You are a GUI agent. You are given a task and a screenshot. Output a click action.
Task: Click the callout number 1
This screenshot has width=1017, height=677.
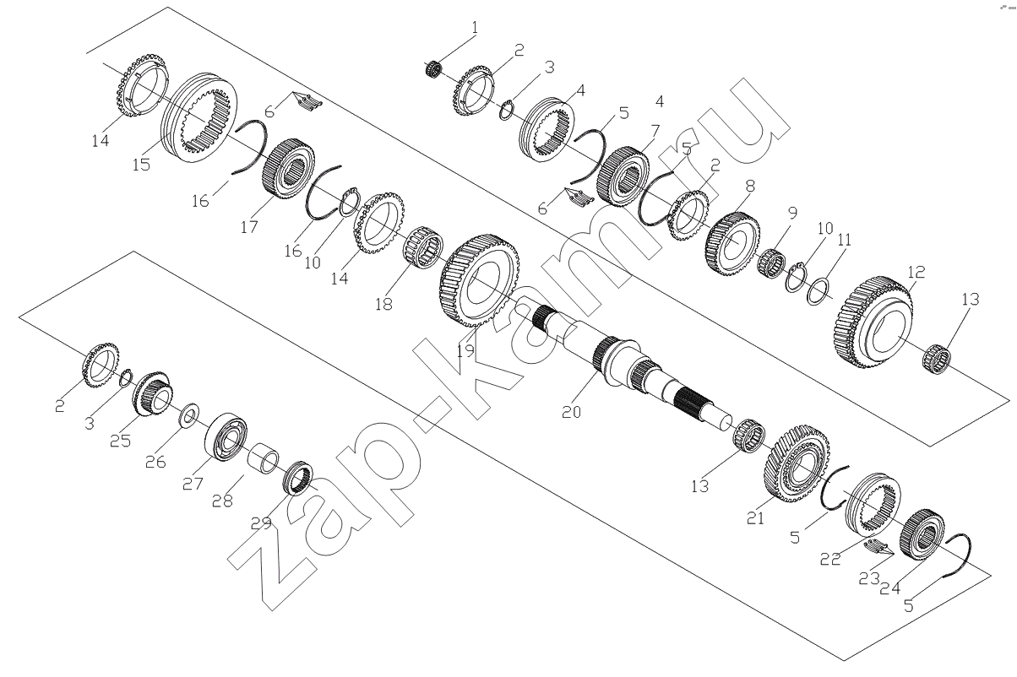tap(475, 28)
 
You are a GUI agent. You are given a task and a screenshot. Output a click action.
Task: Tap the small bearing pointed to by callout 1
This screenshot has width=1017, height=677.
tap(433, 69)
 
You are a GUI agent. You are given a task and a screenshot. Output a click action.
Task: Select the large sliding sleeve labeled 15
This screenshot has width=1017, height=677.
tap(199, 119)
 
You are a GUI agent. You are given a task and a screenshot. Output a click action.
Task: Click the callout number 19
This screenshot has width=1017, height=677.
tap(465, 349)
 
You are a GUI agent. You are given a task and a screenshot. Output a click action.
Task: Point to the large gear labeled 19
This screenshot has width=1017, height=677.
tap(480, 280)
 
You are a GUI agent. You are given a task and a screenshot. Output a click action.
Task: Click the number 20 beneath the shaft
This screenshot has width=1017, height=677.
tap(571, 412)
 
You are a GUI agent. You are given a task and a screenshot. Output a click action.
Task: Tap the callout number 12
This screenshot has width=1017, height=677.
tap(916, 272)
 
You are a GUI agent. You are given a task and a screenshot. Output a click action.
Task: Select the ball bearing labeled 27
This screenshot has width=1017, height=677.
tap(226, 437)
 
